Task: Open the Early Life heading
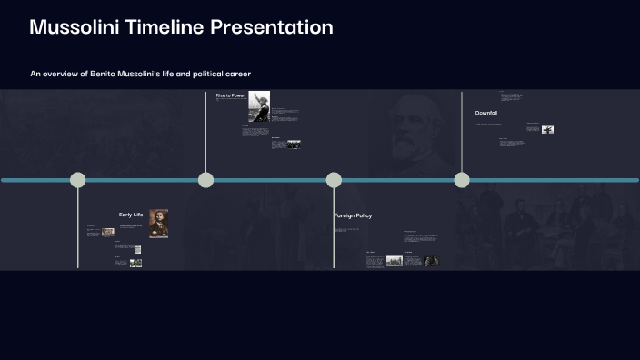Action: [x=131, y=215]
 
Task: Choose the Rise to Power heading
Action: [x=230, y=95]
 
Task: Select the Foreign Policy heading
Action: [x=353, y=215]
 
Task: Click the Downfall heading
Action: [x=486, y=113]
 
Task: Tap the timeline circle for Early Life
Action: [x=78, y=180]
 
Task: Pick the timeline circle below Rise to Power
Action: [x=206, y=180]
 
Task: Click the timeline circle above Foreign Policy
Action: [x=334, y=180]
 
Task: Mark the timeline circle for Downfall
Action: [x=462, y=180]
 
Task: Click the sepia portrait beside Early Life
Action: [x=158, y=224]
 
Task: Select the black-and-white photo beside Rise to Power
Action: [x=259, y=105]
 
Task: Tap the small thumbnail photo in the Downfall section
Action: [x=547, y=129]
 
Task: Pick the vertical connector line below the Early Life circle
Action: [x=78, y=227]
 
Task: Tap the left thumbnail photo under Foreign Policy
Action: [x=394, y=261]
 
